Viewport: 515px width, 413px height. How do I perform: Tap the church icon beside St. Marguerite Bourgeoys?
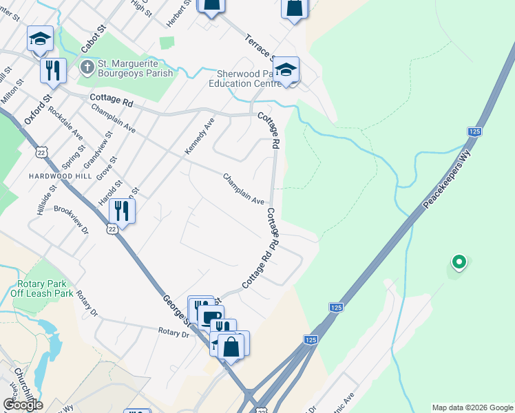(x=87, y=67)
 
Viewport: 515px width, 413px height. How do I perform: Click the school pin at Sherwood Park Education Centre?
(x=286, y=70)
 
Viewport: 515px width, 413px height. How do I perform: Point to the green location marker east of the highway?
(x=459, y=262)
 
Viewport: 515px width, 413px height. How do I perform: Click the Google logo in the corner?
(x=23, y=404)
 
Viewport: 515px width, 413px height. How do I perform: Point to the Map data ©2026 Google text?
(x=472, y=407)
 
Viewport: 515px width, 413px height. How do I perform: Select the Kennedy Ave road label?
(x=200, y=136)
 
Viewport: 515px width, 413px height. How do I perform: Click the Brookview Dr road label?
(x=71, y=220)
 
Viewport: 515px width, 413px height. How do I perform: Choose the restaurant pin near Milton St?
(x=52, y=70)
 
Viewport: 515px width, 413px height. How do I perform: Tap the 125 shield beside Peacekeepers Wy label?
(x=473, y=131)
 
